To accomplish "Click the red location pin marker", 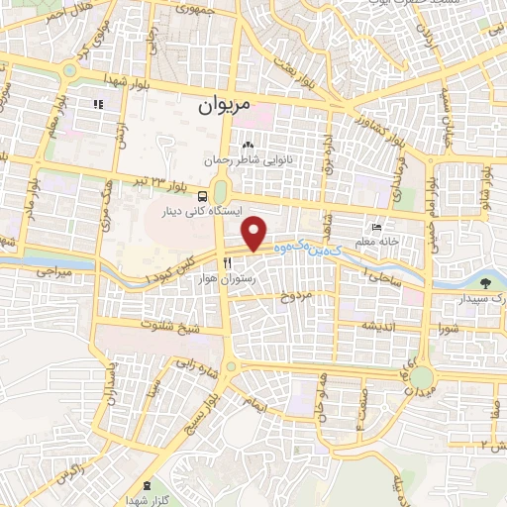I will point(255,233).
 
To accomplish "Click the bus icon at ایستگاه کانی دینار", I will point(202,196).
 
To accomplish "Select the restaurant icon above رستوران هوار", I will point(228,263).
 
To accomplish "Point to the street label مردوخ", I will point(296,296).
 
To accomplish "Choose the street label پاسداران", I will point(112,379).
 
